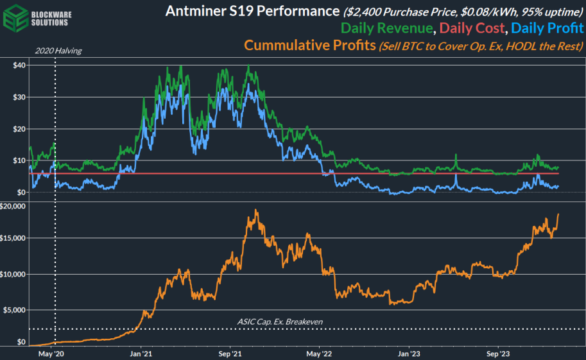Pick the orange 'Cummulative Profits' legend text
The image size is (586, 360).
[x=309, y=46]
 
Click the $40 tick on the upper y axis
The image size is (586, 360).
[x=19, y=65]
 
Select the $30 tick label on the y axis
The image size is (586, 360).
[x=19, y=98]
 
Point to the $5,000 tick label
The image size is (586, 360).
[x=16, y=310]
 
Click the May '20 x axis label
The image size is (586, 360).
[x=52, y=353]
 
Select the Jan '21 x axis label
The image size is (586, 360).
[x=141, y=353]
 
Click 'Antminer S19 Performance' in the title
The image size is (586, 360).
[x=252, y=12]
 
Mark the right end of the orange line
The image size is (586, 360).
[x=558, y=214]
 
